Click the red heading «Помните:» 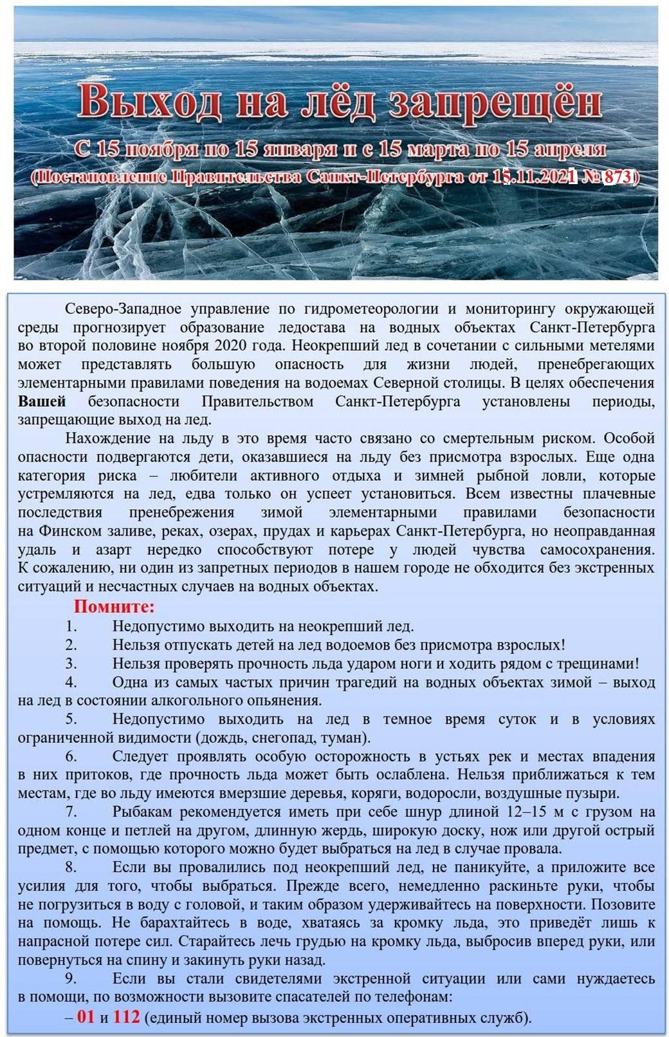coord(114,606)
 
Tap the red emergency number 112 coord(126,1017)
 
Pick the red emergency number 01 coord(86,1017)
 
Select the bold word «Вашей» coord(42,402)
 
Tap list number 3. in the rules coord(71,663)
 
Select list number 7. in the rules coord(71,812)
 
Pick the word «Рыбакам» coord(142,812)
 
